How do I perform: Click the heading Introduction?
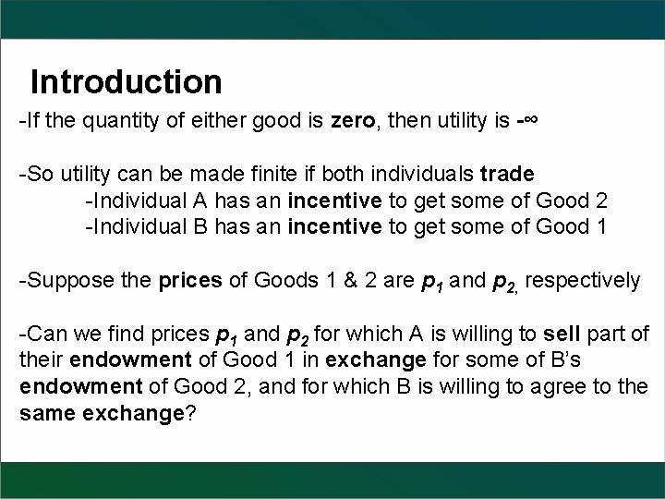pos(126,82)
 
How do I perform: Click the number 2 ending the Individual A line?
pos(601,201)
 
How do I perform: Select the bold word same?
pos(46,412)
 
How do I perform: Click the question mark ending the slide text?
pos(190,412)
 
